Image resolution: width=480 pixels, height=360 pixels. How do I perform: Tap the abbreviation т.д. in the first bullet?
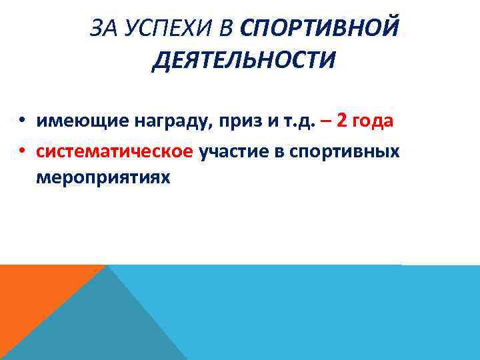[x=282, y=121]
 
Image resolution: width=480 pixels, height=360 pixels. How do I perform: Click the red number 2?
[x=342, y=121]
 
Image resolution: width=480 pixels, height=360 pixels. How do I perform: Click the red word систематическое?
[x=115, y=151]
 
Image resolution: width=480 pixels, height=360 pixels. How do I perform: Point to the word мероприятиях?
[x=103, y=178]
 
